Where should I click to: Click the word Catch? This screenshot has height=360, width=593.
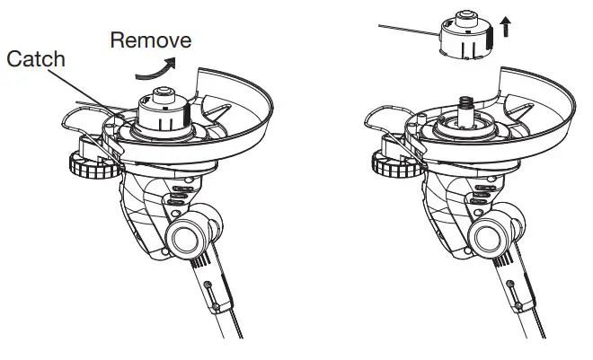35,59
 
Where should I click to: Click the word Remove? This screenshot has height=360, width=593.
149,40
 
